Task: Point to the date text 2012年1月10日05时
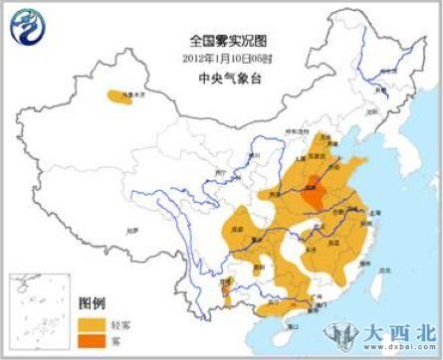(x=221, y=56)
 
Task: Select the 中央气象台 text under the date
(x=221, y=72)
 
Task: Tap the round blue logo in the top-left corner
(x=27, y=27)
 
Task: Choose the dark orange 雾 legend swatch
(x=92, y=340)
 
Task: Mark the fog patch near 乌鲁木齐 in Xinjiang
(x=120, y=95)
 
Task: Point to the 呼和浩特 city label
(x=290, y=130)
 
